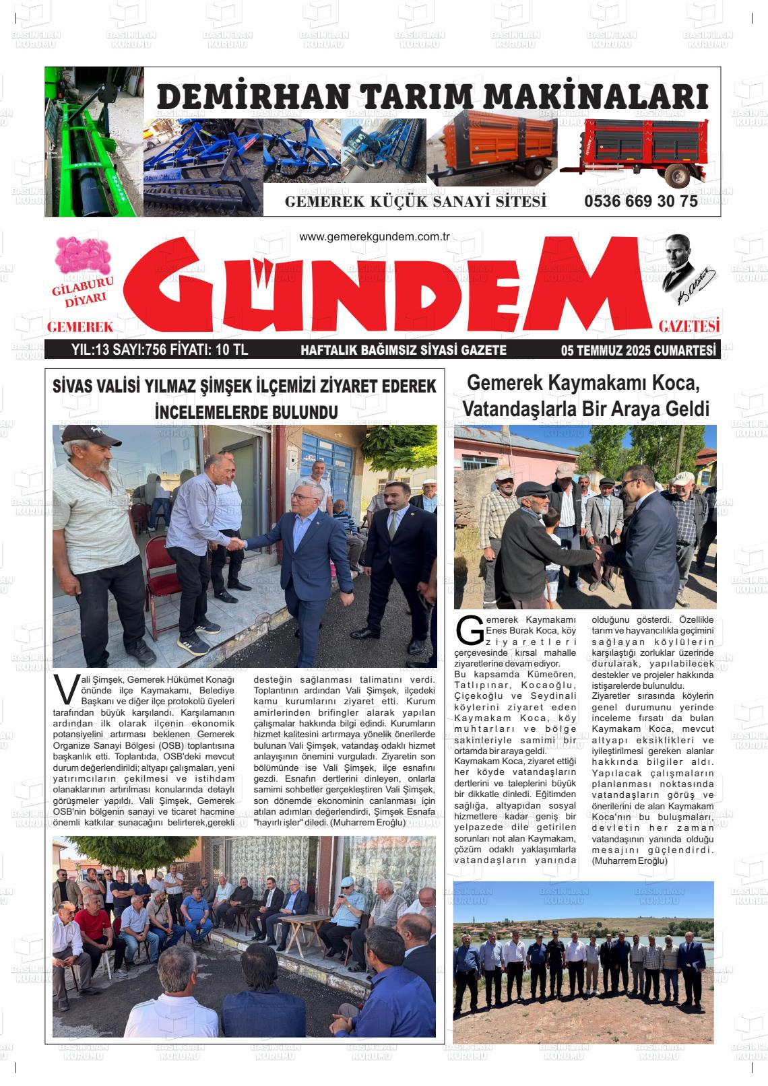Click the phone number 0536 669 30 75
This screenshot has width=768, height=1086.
[x=641, y=201]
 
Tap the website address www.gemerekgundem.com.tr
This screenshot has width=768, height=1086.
[x=374, y=237]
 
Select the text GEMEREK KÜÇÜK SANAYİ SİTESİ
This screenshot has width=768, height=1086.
[x=415, y=202]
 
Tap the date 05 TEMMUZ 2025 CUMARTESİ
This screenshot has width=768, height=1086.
[x=637, y=350]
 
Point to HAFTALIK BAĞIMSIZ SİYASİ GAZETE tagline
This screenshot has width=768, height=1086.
[x=403, y=350]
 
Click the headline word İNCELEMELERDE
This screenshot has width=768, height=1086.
[x=207, y=411]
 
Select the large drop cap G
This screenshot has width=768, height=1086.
[x=468, y=629]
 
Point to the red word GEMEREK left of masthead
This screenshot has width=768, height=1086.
[x=79, y=327]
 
